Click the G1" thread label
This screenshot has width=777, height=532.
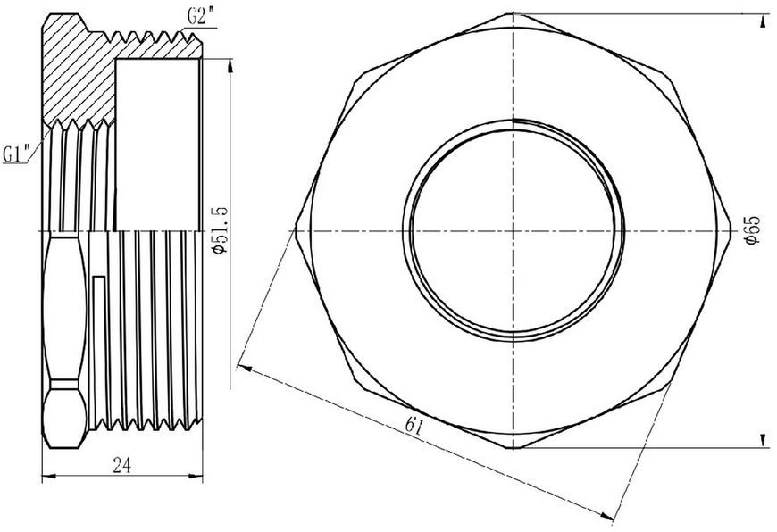point(17,154)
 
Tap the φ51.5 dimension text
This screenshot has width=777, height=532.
point(219,229)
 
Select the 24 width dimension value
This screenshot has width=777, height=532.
point(121,465)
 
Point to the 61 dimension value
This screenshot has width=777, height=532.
point(414,426)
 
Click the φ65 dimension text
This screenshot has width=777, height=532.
point(752,229)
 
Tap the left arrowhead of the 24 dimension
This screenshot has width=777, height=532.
point(48,477)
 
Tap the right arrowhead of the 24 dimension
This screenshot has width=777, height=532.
point(196,477)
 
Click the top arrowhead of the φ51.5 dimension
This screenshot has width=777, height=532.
point(230,66)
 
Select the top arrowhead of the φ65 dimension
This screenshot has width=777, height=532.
point(762,21)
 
